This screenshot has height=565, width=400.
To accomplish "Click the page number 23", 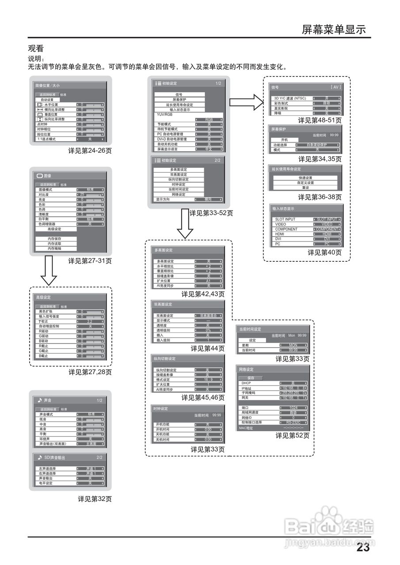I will point(363,548).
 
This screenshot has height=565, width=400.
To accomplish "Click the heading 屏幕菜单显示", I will point(334,30).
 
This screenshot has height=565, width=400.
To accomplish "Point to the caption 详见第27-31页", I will point(90,261).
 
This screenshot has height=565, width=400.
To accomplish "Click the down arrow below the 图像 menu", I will point(49,270).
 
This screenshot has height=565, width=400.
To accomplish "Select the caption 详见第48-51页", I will point(320,120).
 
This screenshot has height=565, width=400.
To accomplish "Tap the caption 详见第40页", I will point(324,252).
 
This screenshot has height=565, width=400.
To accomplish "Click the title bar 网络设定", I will point(247,369).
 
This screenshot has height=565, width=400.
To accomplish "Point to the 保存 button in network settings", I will point(251,378).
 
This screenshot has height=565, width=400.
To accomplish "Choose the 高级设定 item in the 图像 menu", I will point(54,229).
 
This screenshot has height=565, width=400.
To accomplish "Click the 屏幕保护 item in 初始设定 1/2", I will point(179,99).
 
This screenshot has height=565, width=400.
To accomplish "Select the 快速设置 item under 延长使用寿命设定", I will point(305,177).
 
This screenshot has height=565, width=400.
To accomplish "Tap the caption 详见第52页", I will point(292,435).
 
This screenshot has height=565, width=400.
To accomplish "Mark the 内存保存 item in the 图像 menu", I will point(54,239).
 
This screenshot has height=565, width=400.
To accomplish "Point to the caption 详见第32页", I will point(95,499).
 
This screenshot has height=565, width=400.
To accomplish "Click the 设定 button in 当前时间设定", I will point(252,340).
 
